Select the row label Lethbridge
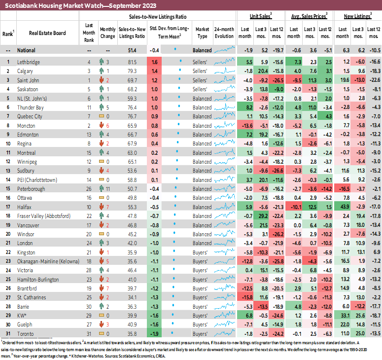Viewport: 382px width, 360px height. pyautogui.click(x=29, y=62)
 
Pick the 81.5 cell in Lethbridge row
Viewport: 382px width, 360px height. pyautogui.click(x=132, y=62)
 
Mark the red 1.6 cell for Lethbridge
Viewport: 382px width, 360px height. pyautogui.click(x=155, y=62)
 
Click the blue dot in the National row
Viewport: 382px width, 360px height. pyautogui.click(x=175, y=50)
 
